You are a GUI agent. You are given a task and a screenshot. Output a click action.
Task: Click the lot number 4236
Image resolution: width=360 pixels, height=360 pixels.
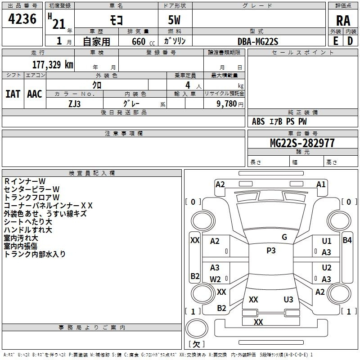tap(22, 19)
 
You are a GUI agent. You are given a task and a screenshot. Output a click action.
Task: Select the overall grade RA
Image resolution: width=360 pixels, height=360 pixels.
tap(343, 21)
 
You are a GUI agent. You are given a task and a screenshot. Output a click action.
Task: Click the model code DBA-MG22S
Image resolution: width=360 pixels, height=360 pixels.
tap(258, 41)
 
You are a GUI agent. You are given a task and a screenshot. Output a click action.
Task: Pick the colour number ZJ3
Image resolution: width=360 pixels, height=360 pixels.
tap(75, 103)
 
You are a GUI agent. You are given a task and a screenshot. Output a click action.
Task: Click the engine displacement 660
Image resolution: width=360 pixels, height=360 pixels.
tap(138, 42)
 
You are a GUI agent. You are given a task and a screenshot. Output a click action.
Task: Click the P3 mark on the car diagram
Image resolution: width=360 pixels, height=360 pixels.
tap(271, 251)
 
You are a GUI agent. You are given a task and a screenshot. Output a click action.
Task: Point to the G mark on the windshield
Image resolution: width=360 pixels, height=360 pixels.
tap(284, 237)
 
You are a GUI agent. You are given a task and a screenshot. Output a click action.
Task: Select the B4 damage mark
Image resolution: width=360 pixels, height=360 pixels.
tap(347, 240)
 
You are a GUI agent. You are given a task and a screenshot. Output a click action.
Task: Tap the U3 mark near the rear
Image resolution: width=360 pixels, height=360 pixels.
tap(288, 299)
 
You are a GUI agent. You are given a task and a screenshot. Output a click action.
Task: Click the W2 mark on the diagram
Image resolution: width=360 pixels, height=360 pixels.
tap(215, 279)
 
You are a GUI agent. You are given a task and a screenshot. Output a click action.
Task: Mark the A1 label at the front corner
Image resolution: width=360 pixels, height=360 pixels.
tap(321, 184)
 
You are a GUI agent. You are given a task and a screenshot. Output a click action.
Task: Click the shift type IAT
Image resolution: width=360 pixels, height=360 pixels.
tap(13, 94)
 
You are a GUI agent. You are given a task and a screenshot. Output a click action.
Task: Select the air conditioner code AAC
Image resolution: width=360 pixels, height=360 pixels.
tap(35, 94)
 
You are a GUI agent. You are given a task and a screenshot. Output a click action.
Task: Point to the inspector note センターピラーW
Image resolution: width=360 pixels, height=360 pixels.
tap(31, 189)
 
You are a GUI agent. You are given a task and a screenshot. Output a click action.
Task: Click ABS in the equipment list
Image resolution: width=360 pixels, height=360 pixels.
tap(258, 121)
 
